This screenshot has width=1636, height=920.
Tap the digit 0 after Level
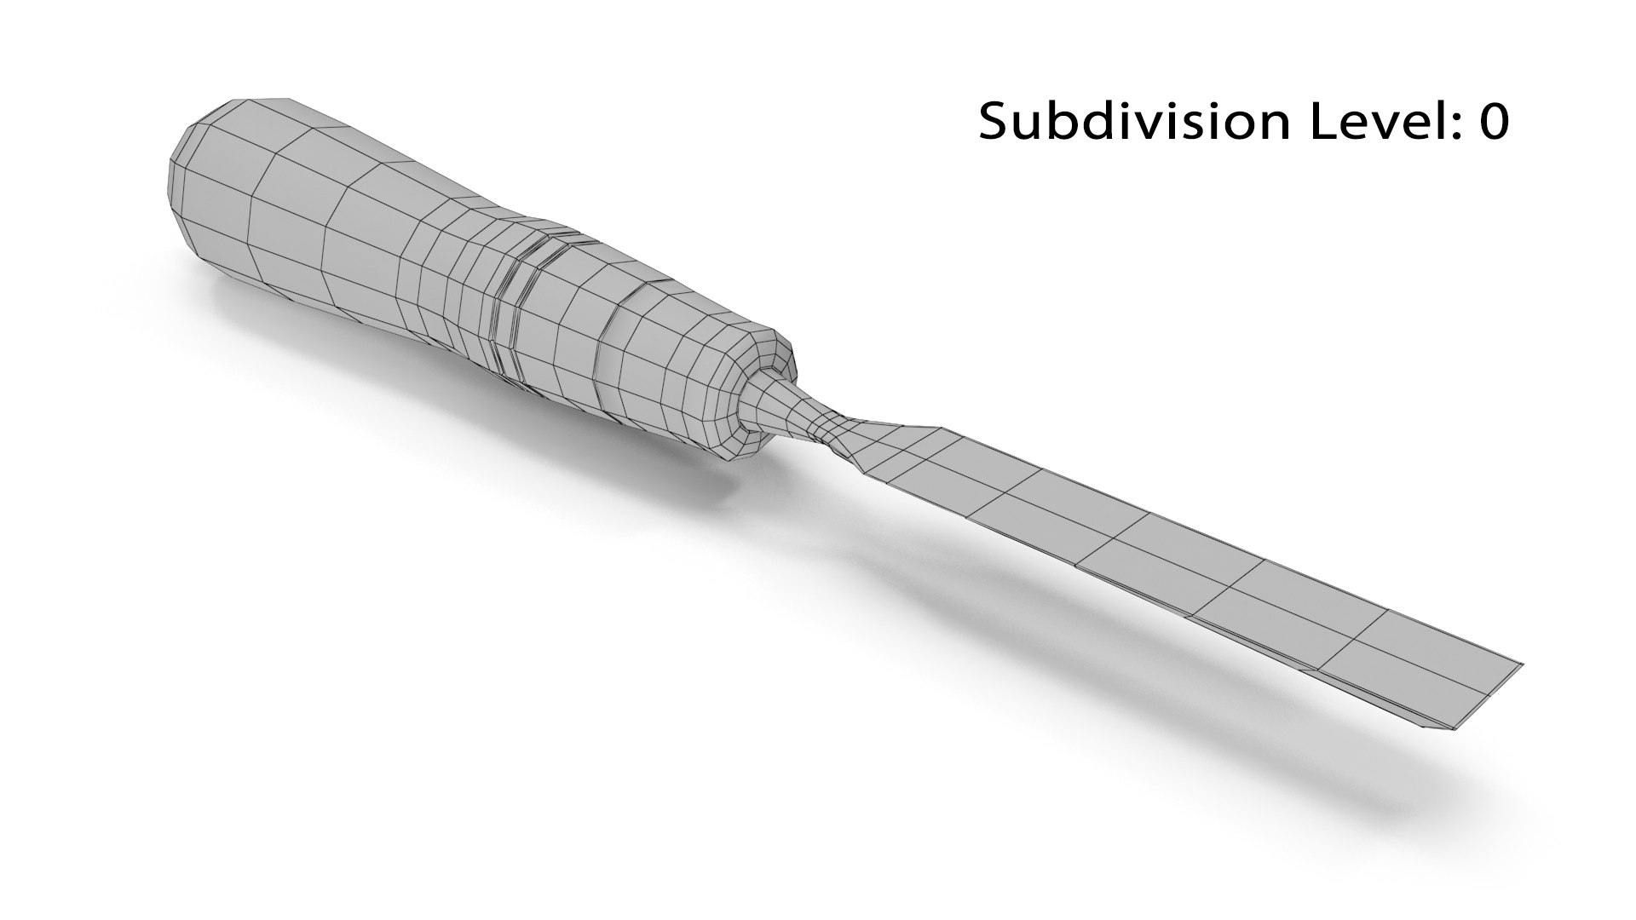pyautogui.click(x=1494, y=122)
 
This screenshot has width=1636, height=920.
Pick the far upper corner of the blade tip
pyautogui.click(x=1521, y=663)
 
